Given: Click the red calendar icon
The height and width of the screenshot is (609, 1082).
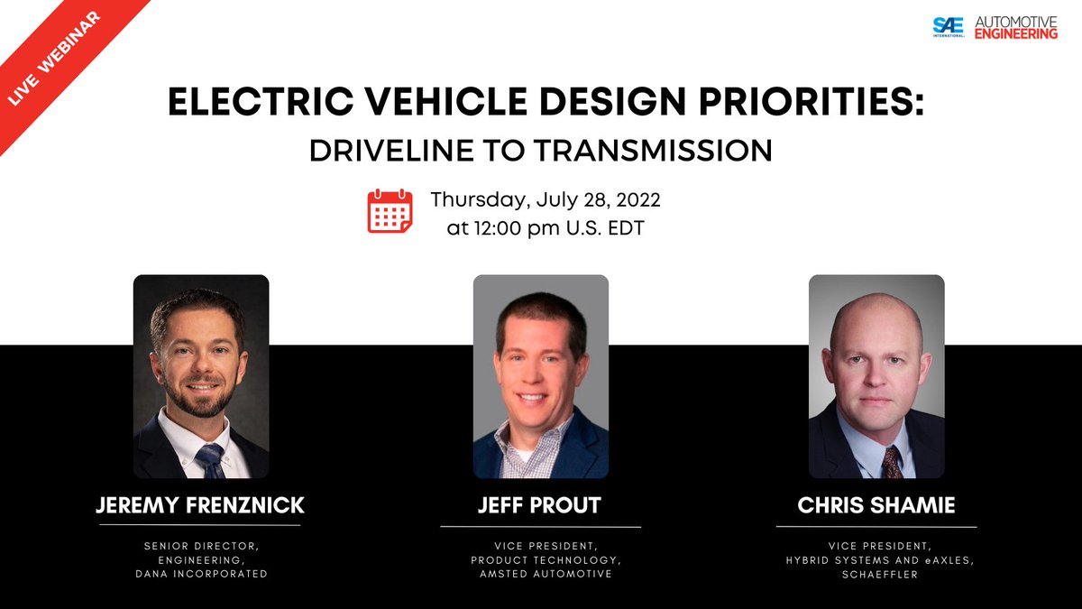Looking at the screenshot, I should pos(390,211).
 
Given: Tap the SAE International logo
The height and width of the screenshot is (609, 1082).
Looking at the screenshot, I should pos(949,28).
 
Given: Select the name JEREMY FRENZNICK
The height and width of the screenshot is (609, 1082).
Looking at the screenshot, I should pos(200,505).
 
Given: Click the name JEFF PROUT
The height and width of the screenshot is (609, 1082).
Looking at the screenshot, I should pos(540,506).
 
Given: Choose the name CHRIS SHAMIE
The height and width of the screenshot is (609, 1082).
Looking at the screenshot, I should pos(876,506).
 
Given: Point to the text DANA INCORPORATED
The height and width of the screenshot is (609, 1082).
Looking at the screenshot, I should pos(200,573).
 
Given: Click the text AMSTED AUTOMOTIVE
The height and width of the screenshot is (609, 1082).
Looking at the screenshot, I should pos(541,573).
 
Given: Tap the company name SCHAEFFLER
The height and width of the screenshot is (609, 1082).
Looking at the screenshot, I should pos(876,574).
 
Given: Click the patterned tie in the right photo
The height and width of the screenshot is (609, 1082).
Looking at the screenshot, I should pos(891,460).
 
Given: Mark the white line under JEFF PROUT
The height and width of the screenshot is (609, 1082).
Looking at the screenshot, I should pos(540,526).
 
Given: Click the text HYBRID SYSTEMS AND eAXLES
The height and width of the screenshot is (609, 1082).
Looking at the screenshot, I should pos(876,560).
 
